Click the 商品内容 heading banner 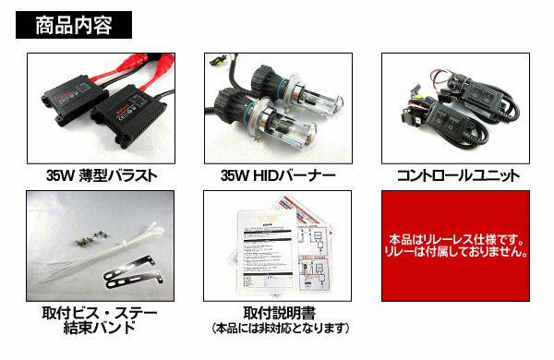74,25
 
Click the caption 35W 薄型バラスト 102,175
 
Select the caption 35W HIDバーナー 278,175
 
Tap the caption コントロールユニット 458,175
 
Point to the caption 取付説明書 279,313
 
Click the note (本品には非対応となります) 280,329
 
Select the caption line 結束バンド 100,328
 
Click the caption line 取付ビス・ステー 100,313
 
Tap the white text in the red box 456,246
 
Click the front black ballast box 129,114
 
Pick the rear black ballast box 74,98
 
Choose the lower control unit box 445,120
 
